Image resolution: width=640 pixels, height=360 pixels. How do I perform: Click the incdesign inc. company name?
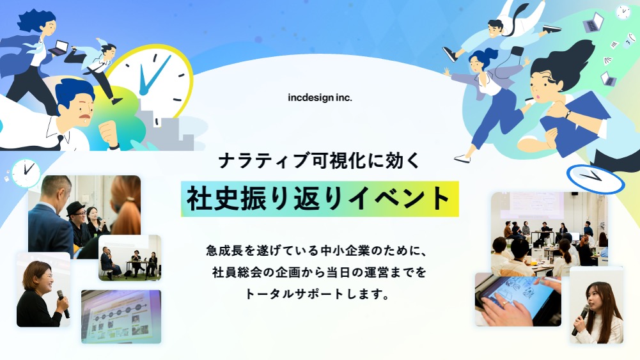click(x=320, y=98)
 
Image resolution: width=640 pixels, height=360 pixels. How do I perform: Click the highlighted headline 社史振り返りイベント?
click(x=320, y=199)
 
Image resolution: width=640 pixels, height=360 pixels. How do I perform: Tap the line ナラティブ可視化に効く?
click(x=320, y=160)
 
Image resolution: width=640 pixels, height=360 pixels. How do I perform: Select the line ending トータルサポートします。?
click(x=316, y=294)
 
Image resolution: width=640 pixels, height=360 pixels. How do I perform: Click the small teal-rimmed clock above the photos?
click(x=26, y=173)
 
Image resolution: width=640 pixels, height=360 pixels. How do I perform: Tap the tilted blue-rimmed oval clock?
click(x=595, y=179)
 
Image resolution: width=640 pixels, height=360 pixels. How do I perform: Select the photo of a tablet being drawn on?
click(x=518, y=299)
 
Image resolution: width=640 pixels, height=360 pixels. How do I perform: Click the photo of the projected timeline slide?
click(x=121, y=317)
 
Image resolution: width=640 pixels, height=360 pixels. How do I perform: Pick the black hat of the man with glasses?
click(x=76, y=208)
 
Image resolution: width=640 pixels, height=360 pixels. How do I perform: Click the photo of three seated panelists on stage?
click(x=130, y=258)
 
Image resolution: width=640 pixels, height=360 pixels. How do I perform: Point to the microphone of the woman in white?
click(x=581, y=318)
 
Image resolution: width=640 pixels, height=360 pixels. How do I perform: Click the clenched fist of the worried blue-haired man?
click(x=108, y=132)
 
